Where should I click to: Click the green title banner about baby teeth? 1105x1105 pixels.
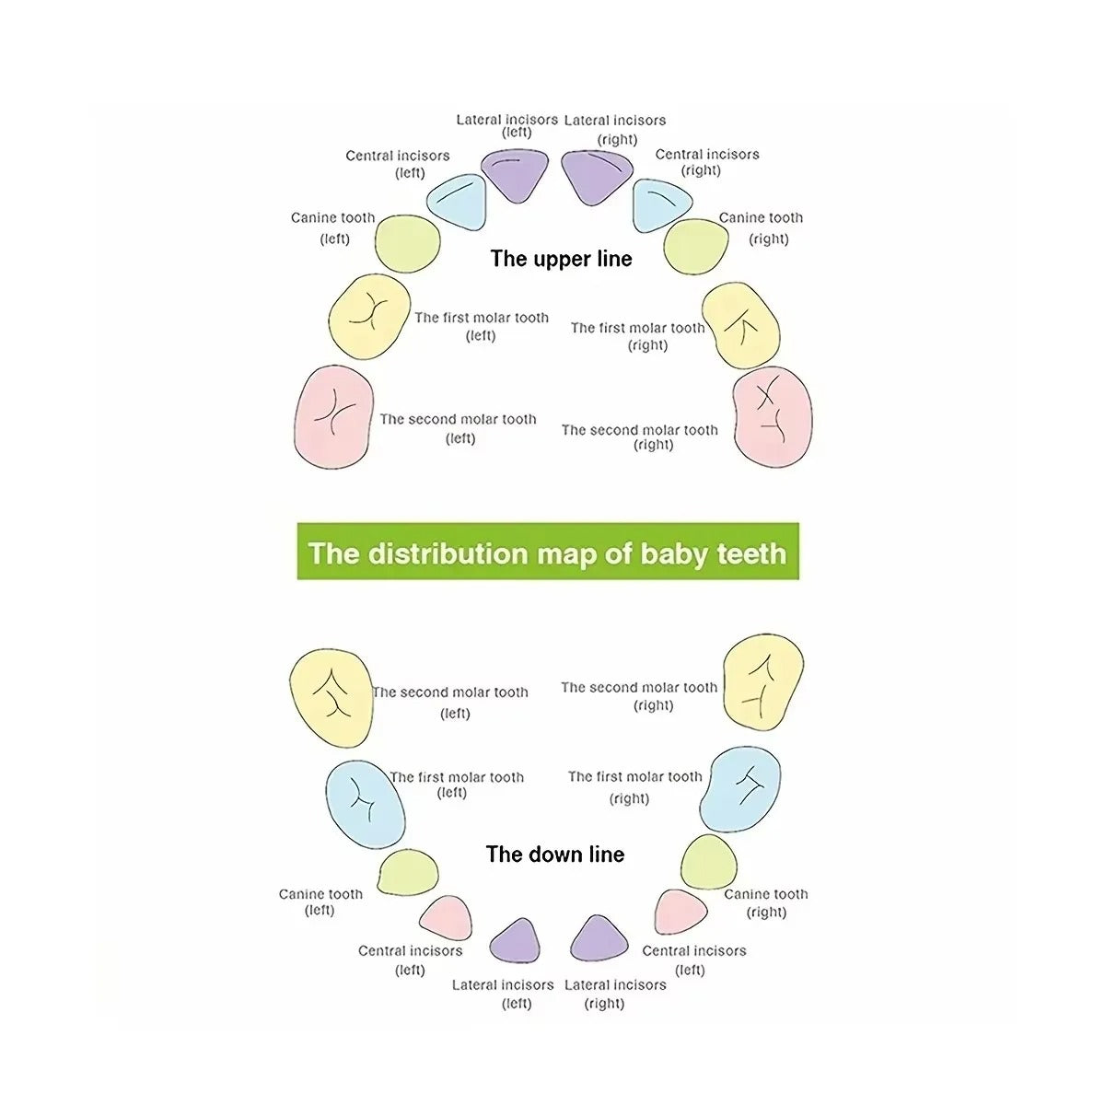point(548,551)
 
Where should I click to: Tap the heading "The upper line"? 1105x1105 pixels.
point(561,259)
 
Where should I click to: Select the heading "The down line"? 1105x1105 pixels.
point(555,854)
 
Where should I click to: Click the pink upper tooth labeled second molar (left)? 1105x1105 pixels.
point(333,416)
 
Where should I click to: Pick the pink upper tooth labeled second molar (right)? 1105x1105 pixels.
point(773,417)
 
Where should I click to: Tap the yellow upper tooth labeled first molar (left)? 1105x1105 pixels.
point(369,317)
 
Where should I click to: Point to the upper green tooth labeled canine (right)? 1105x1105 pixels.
point(695,247)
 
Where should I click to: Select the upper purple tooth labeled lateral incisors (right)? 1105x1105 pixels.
point(597,177)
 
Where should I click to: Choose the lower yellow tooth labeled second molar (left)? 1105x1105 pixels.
point(331,698)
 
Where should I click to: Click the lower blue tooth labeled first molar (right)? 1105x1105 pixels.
point(740,788)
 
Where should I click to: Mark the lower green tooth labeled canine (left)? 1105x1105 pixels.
point(408,872)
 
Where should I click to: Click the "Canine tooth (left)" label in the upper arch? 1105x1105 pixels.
point(333,227)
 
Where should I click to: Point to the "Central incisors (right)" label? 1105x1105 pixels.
point(707,162)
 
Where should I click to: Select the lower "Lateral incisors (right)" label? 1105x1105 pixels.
point(615,994)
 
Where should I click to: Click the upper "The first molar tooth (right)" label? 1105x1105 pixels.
point(637,336)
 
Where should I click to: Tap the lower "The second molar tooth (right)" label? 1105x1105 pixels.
point(639,696)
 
